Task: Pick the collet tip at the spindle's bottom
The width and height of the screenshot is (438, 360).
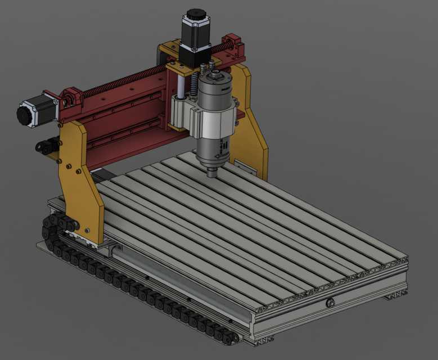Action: pyautogui.click(x=212, y=171)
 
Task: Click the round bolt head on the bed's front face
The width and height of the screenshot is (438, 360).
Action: pyautogui.click(x=329, y=304)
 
